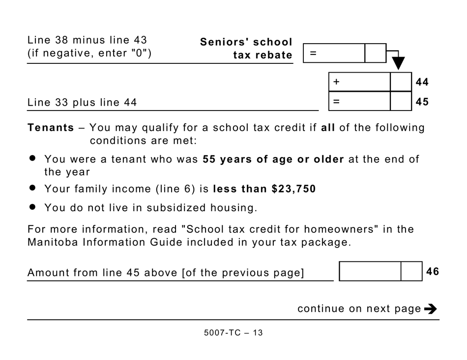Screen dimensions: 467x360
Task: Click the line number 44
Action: click(x=422, y=82)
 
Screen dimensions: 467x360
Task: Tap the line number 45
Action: click(x=422, y=102)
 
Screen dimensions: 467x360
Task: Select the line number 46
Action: click(x=433, y=272)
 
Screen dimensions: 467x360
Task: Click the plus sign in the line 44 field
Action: click(x=336, y=82)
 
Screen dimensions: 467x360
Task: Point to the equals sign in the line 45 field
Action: click(x=336, y=102)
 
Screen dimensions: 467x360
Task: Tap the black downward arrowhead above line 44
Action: click(x=398, y=63)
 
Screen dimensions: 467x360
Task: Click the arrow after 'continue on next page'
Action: click(x=430, y=309)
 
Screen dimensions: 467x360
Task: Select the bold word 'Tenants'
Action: click(x=51, y=128)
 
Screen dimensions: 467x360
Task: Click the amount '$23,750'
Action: click(x=293, y=189)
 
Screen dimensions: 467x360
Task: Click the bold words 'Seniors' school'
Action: click(x=246, y=42)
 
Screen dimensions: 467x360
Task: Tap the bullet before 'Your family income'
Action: click(x=33, y=188)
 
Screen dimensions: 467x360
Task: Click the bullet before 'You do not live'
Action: click(x=33, y=207)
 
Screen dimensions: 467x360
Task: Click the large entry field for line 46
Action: click(x=370, y=272)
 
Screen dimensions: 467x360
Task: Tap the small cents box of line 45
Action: click(x=401, y=102)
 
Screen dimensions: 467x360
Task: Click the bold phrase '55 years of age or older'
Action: click(x=273, y=160)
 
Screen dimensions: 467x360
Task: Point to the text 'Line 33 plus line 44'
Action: click(x=82, y=103)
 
